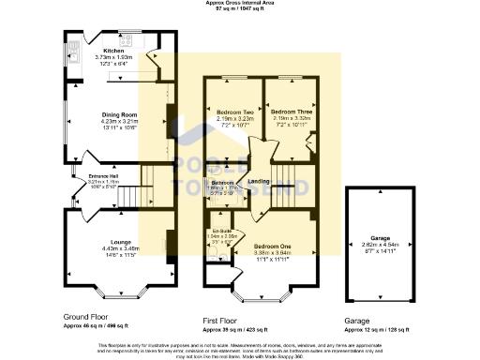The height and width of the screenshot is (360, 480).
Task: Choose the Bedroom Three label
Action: [x=290, y=111]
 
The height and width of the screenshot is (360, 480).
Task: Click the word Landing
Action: [x=259, y=181]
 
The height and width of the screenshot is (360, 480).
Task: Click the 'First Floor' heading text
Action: [x=226, y=320]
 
